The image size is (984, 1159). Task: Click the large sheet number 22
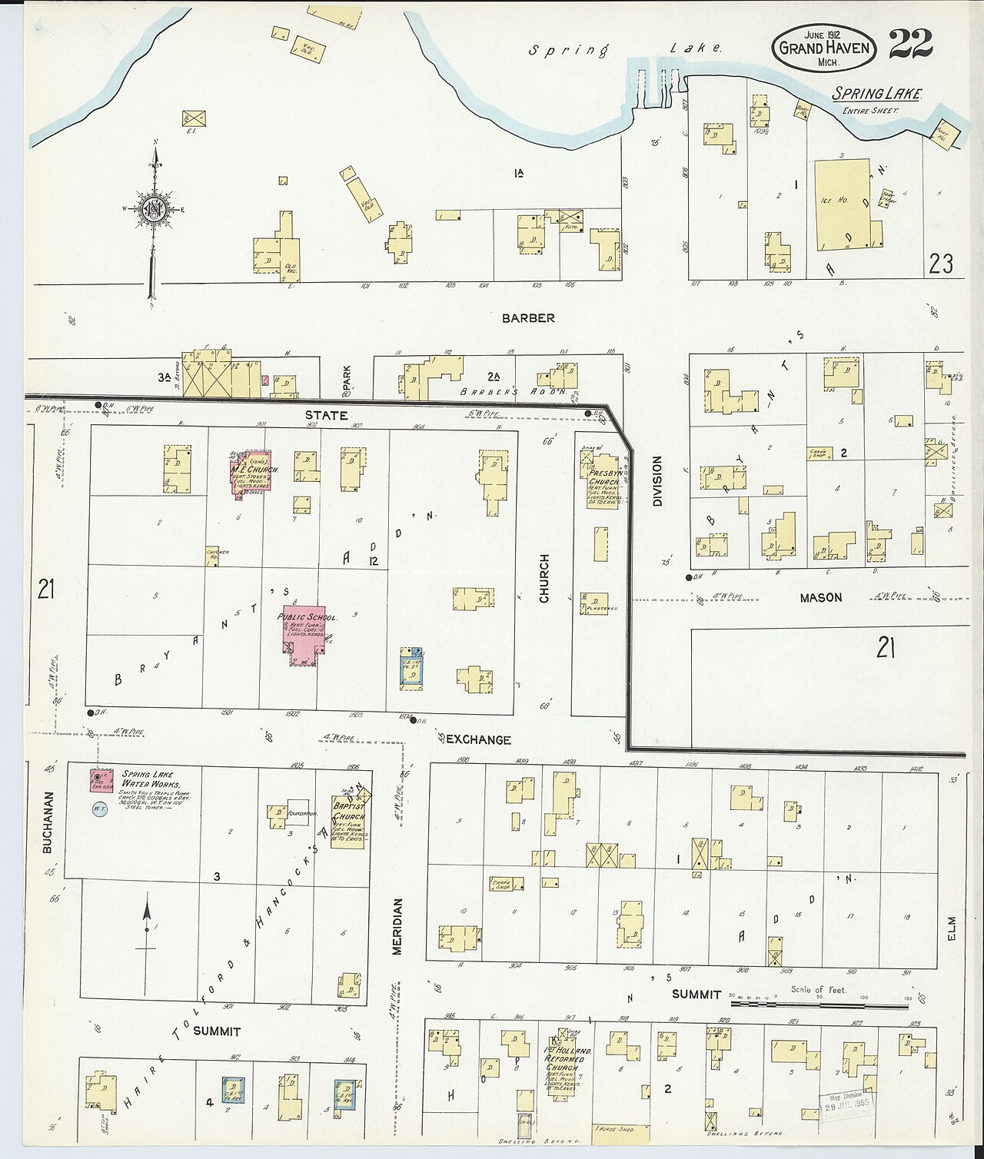click(x=911, y=45)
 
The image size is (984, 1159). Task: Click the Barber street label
click(x=529, y=318)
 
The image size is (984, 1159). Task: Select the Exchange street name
click(x=478, y=739)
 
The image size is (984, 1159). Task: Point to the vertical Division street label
click(x=657, y=482)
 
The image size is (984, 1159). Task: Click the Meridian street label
click(x=397, y=927)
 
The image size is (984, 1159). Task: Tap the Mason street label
click(x=820, y=597)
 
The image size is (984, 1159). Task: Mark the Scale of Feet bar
click(x=819, y=1004)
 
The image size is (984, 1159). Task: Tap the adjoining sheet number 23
click(x=940, y=264)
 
